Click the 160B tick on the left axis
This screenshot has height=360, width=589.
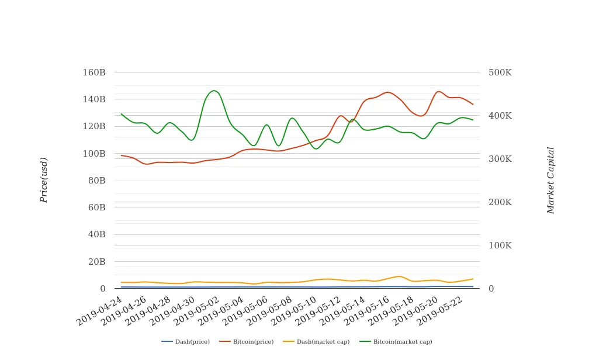[x=93, y=72]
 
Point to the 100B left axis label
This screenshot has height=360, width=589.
[x=93, y=154]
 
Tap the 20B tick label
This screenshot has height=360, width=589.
[x=96, y=262]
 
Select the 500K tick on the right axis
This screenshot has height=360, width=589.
[x=500, y=72]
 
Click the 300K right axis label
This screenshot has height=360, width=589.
[x=500, y=159]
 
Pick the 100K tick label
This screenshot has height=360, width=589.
[x=500, y=245]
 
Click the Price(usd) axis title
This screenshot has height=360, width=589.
[x=44, y=180]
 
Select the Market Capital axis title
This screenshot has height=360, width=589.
[x=550, y=180]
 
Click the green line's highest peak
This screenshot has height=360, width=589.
[x=214, y=91]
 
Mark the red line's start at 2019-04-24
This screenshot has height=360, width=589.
[x=121, y=155]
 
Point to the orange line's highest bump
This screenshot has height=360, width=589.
[x=399, y=276]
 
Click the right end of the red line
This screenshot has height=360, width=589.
[x=473, y=104]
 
